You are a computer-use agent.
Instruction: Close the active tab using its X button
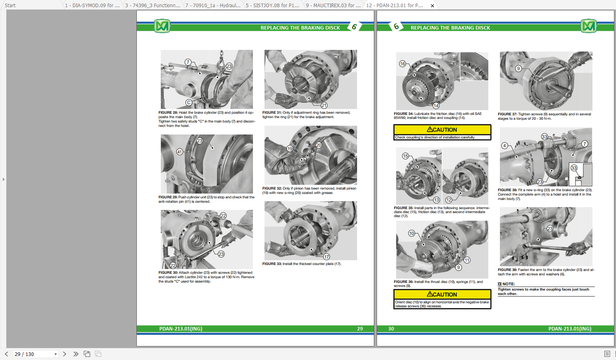[432, 6]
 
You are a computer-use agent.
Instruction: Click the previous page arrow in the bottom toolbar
[6, 354]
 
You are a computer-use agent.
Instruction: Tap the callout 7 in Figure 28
[188, 62]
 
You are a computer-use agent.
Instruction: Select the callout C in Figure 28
[189, 103]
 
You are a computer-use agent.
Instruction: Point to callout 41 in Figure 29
[180, 152]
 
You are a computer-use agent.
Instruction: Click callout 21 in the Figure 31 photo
[324, 105]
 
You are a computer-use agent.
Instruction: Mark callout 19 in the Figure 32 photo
[290, 148]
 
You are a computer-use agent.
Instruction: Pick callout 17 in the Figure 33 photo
[326, 257]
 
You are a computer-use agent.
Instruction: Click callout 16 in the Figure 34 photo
[403, 64]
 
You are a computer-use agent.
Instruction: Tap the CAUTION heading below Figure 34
[442, 130]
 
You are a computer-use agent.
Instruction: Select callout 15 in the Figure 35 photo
[405, 156]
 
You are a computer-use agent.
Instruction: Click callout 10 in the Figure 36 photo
[411, 233]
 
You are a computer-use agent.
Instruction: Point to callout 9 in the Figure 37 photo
[518, 69]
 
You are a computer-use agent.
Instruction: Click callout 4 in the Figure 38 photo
[505, 146]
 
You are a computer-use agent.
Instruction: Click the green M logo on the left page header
[162, 26]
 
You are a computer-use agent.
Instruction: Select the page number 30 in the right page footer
[391, 329]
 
